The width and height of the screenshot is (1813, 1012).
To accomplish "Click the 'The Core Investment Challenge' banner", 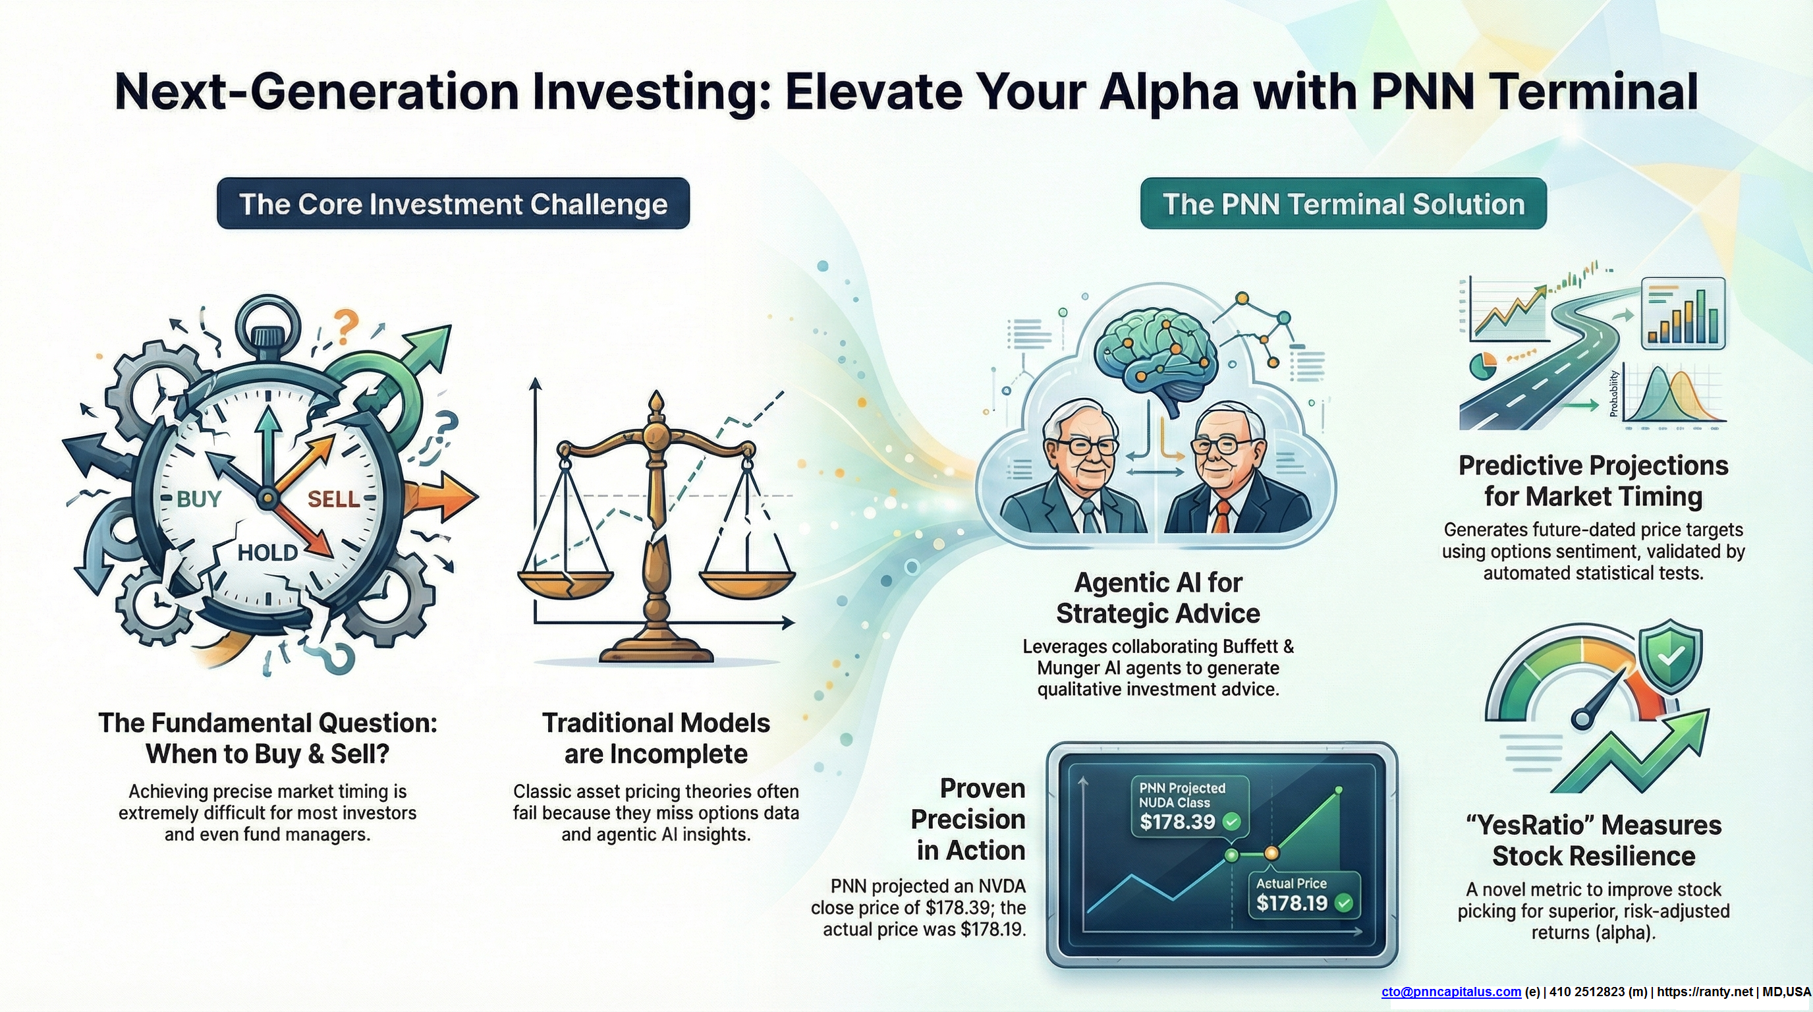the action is point(453,204).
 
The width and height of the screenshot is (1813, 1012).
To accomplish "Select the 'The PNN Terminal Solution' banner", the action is point(1343,204).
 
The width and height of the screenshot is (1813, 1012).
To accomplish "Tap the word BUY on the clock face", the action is point(199,499).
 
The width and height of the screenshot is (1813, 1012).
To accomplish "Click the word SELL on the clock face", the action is point(333,499).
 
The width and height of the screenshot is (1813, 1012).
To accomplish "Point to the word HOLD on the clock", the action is point(267,552).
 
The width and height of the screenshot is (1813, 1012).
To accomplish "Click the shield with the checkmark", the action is point(1671,657).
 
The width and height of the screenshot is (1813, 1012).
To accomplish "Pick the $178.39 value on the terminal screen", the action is point(1177,822).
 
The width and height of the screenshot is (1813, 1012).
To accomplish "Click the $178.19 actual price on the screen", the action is point(1291,903).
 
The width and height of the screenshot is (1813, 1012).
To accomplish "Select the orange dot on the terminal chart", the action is point(1271,854).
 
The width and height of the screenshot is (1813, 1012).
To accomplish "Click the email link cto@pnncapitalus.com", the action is point(1451,992).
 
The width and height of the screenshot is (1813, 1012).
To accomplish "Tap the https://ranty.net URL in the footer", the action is point(1704,992).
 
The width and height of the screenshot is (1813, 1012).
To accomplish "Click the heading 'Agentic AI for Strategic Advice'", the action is point(1158,598).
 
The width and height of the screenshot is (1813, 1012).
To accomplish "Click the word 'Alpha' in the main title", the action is point(1168,92).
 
